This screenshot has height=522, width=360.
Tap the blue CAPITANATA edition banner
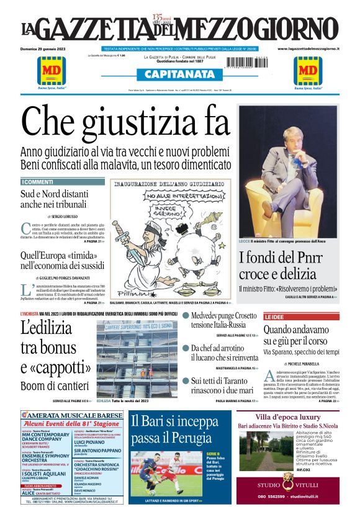[180, 74]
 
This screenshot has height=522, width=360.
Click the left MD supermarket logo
[52, 71]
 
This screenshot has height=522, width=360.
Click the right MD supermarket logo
[308, 71]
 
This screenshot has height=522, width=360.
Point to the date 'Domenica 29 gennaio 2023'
[47, 48]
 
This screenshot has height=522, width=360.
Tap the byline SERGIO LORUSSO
[67, 215]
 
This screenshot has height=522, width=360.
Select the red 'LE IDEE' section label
[274, 317]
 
